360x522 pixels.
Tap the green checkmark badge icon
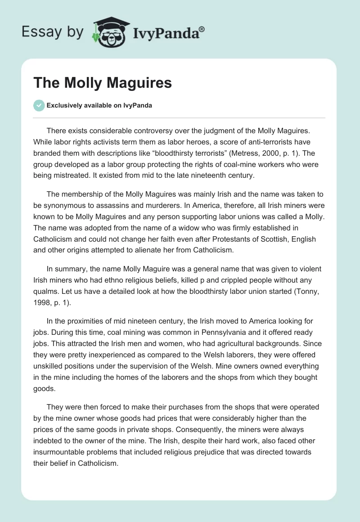(39, 105)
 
